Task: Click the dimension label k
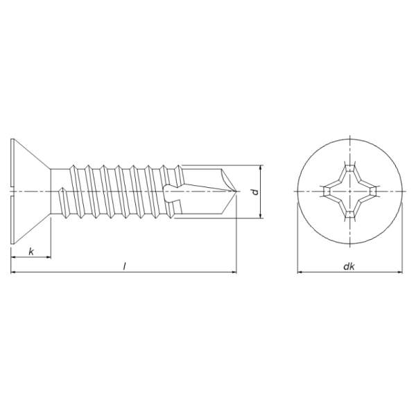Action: point(31,250)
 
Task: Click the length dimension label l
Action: point(124,266)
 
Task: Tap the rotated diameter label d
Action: point(254,192)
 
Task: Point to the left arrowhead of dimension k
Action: point(14,257)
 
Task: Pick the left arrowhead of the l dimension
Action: point(14,272)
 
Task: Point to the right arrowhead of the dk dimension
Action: point(402,272)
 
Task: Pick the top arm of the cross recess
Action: point(351,170)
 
